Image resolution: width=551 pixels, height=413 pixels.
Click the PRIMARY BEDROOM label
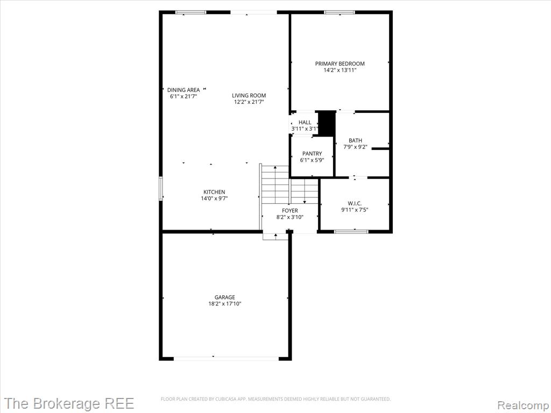[340, 63]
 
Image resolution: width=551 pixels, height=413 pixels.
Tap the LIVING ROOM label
[249, 96]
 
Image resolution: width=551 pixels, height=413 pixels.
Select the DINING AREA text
[183, 90]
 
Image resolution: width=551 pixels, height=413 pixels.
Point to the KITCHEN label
[214, 192]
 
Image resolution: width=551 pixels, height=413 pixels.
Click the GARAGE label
[224, 297]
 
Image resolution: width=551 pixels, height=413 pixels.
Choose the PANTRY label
[312, 153]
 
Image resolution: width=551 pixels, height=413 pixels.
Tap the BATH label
[355, 140]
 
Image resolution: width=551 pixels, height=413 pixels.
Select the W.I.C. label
[355, 203]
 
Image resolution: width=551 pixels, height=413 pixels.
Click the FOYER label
[290, 211]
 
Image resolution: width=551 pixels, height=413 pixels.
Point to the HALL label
[305, 122]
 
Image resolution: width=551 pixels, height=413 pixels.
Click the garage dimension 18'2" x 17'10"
[224, 304]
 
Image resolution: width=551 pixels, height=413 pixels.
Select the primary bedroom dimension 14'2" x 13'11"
[340, 70]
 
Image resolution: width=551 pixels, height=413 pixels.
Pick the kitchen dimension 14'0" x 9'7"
[214, 198]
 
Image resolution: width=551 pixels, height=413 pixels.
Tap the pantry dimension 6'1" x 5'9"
[312, 160]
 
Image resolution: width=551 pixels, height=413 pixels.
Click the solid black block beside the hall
[327, 123]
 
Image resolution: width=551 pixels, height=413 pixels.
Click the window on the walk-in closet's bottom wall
[351, 231]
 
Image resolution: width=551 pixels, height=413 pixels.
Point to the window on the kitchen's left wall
[161, 189]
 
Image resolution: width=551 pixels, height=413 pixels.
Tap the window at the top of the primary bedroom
[340, 13]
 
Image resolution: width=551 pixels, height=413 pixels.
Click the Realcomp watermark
[523, 404]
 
